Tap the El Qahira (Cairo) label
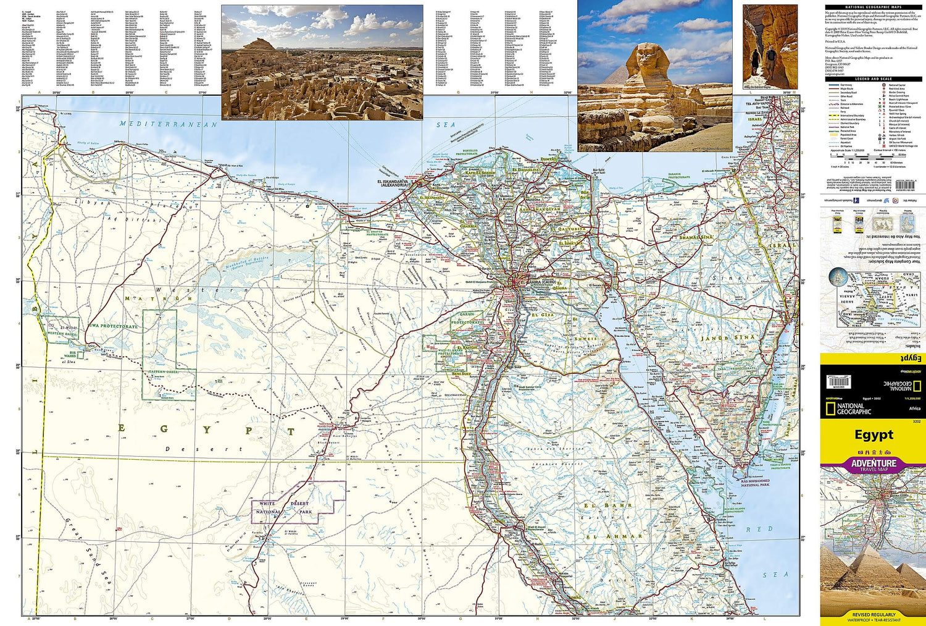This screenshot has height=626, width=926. (535, 282)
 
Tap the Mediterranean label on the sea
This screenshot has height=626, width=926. (169, 124)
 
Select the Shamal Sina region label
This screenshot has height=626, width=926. (696, 237)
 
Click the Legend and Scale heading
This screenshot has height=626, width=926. (872, 79)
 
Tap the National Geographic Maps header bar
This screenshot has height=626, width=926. (872, 7)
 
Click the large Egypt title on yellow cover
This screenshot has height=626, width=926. (873, 434)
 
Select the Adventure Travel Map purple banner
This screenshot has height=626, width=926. (873, 465)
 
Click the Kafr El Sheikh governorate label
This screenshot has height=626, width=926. (480, 173)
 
